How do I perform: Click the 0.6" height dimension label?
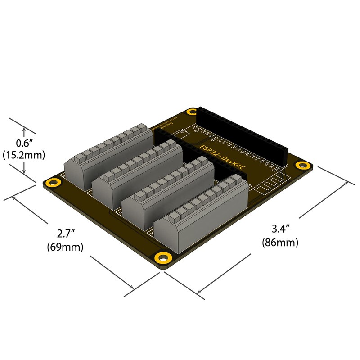(x=23, y=144)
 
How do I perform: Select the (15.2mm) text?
(x=24, y=155)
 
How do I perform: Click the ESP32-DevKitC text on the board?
(x=222, y=157)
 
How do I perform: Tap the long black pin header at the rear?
(x=243, y=135)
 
